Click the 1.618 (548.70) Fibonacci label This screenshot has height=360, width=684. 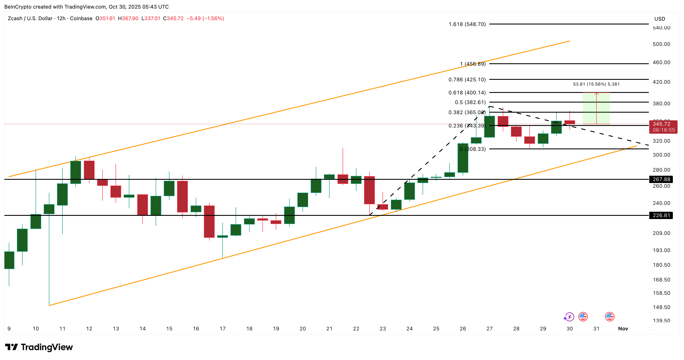click(x=467, y=24)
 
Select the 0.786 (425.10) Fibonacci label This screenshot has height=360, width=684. click(x=467, y=79)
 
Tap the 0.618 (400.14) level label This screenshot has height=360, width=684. click(x=467, y=92)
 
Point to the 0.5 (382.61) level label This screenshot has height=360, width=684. click(x=470, y=102)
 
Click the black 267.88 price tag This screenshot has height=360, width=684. click(x=661, y=179)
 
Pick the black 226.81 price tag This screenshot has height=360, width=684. click(x=661, y=215)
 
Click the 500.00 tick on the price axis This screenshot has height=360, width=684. click(x=661, y=44)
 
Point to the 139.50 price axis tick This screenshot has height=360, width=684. click(x=661, y=320)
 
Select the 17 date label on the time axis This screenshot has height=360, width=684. click(x=223, y=329)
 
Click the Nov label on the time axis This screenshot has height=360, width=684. click(x=623, y=329)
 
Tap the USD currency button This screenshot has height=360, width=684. click(x=660, y=19)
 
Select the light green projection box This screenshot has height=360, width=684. click(x=596, y=108)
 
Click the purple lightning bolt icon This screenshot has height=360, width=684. click(x=569, y=317)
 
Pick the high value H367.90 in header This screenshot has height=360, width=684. click(x=128, y=18)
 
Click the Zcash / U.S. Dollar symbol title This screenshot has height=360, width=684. click(x=30, y=18)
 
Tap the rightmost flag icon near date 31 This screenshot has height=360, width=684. click(x=609, y=317)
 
